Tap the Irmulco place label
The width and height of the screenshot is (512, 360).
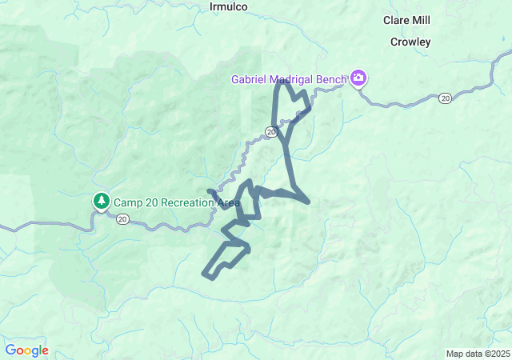coord(228,6)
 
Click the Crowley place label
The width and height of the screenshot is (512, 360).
coord(411,42)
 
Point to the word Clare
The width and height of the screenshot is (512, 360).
coord(397,20)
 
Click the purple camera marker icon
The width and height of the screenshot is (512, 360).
coord(358,78)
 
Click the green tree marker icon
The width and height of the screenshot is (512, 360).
coord(101,201)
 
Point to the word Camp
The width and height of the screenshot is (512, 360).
coord(127,202)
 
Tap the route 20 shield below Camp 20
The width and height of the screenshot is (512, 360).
coord(122,218)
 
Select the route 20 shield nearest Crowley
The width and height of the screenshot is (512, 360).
coord(445,98)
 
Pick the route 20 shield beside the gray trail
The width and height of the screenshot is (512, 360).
coord(272,131)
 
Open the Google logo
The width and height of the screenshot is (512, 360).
coord(26,350)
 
